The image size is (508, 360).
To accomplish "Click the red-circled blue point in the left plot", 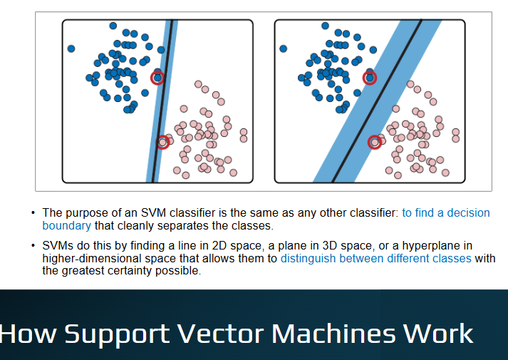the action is (x=157, y=78).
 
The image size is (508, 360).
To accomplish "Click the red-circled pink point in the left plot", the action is (x=162, y=143).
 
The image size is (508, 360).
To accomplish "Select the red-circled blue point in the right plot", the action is (x=370, y=78).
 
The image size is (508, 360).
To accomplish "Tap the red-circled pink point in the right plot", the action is (x=375, y=143).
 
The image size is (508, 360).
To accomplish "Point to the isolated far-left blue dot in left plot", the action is (x=71, y=48).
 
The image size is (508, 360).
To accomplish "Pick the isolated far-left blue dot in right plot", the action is (x=283, y=48).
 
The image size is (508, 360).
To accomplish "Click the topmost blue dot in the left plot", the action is (x=113, y=26).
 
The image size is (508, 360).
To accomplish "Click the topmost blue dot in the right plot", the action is (x=326, y=26).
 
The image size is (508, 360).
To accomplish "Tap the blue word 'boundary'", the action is (x=67, y=225).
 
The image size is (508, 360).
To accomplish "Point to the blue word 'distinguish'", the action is (x=308, y=258).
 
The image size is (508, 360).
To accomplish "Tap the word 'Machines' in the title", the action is (x=333, y=334).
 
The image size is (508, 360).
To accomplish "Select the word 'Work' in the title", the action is (x=438, y=334).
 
